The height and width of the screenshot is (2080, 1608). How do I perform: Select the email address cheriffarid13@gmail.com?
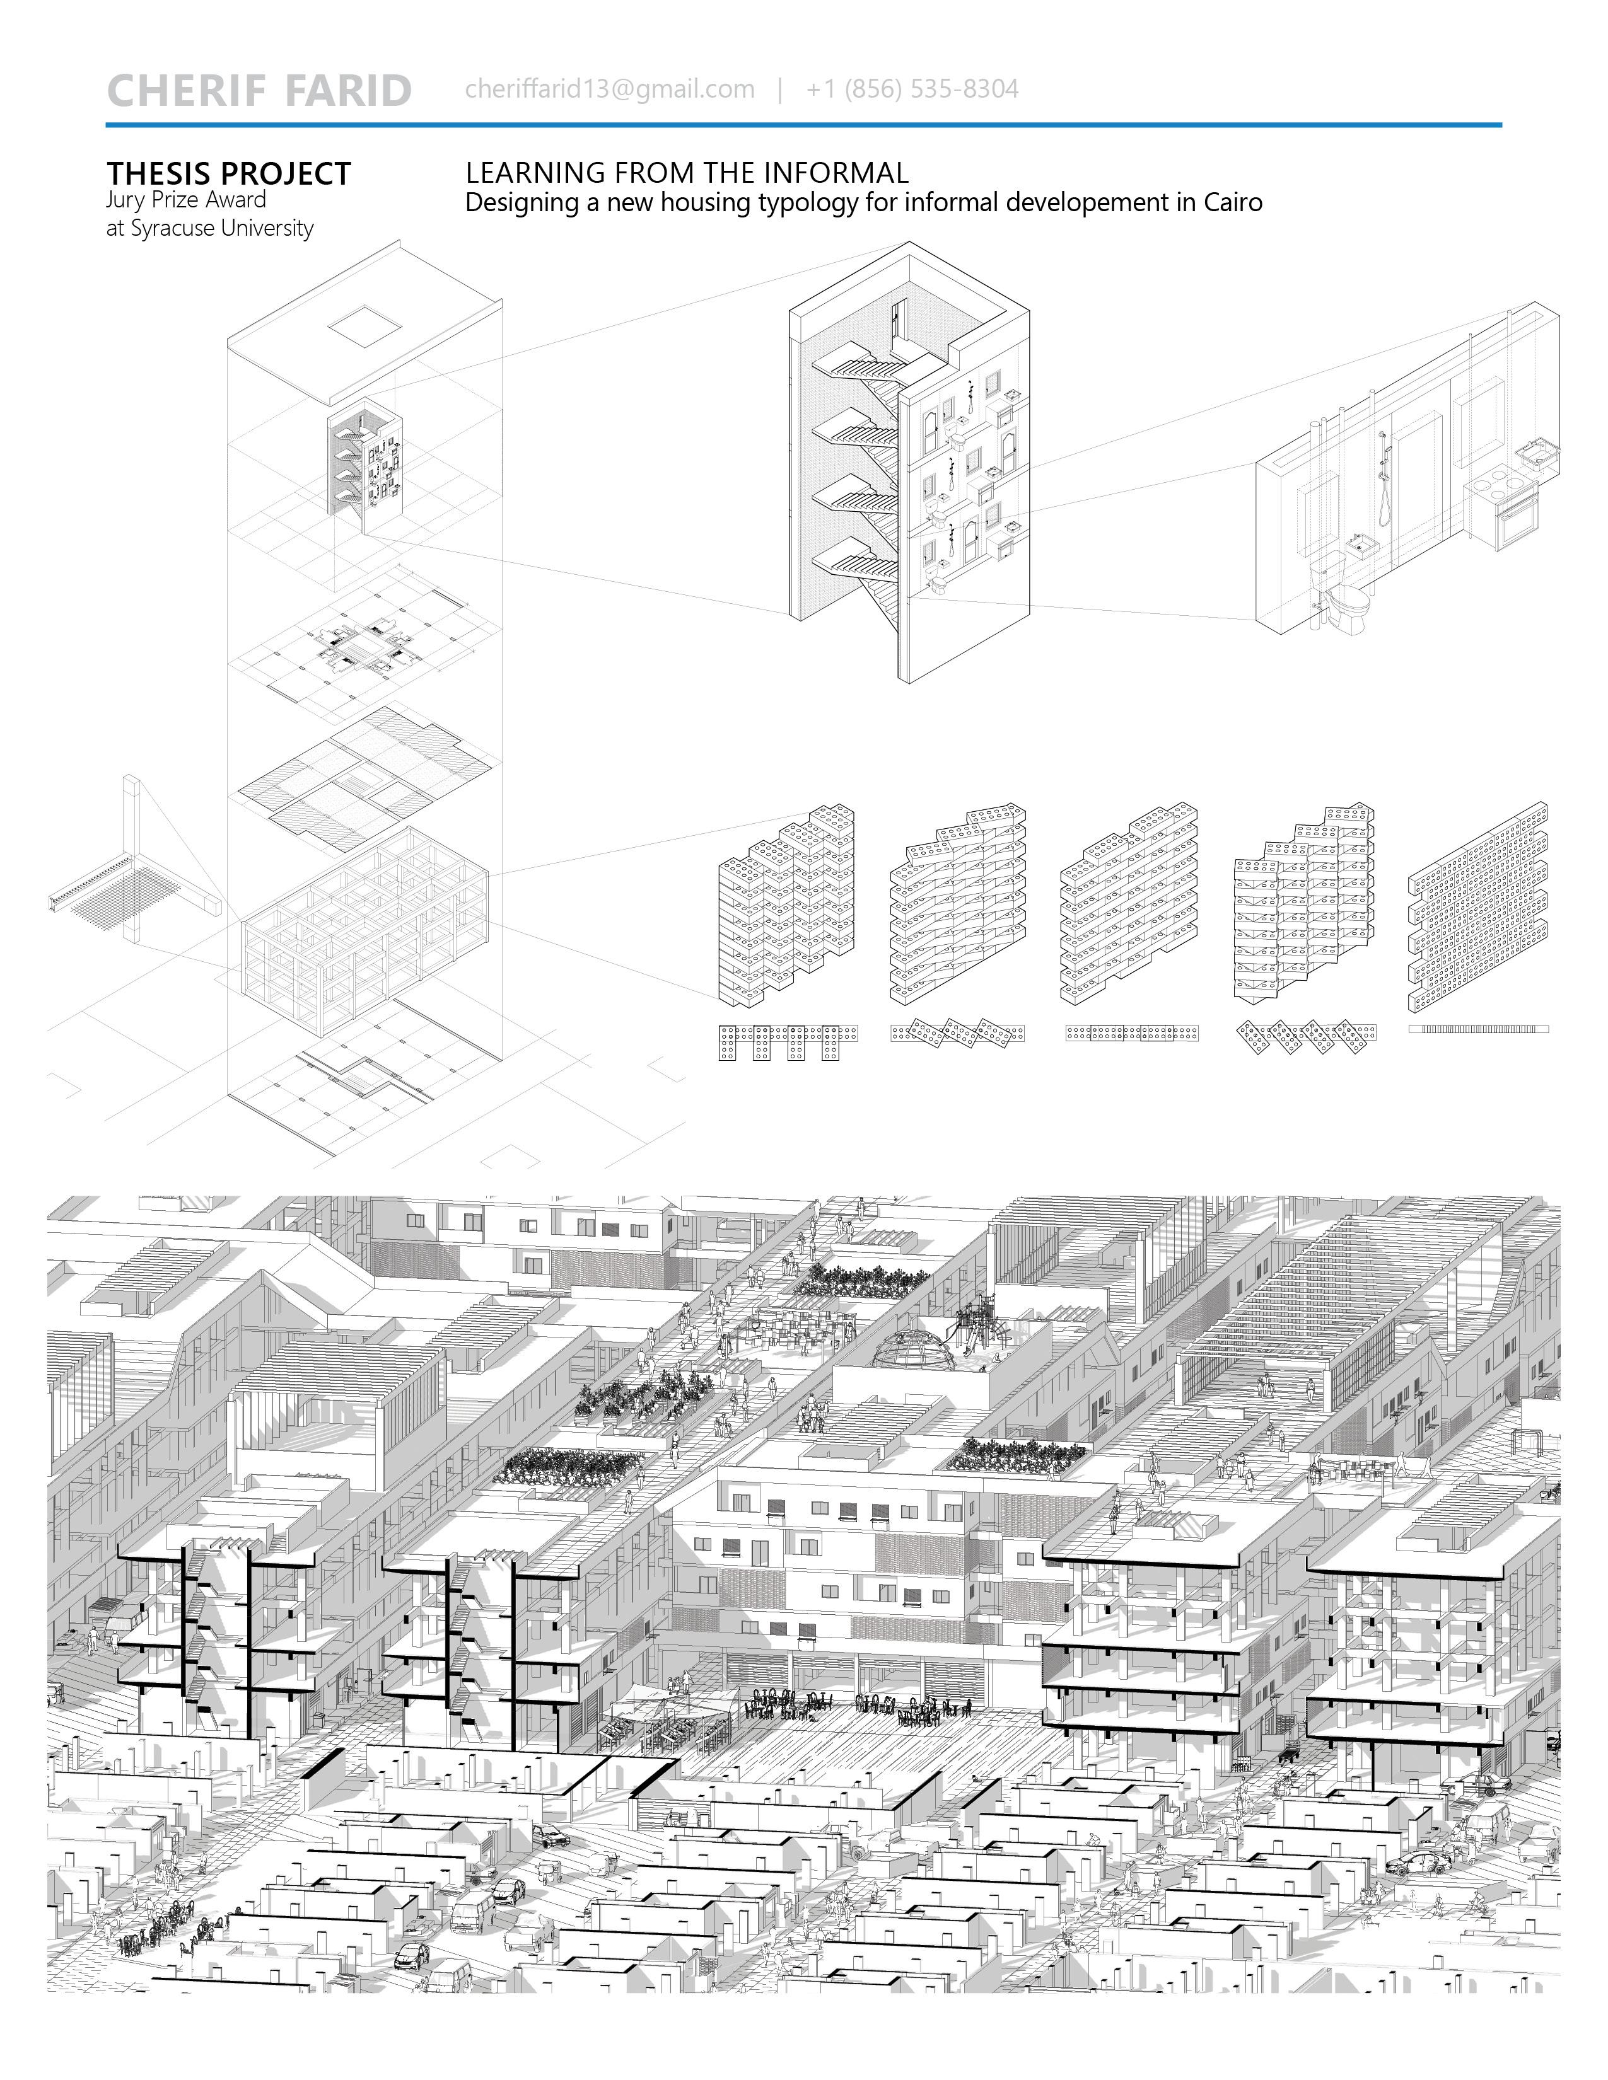(x=610, y=90)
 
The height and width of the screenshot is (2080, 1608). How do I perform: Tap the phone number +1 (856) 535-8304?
(x=912, y=90)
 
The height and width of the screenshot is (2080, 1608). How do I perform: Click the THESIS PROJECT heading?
(x=229, y=175)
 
